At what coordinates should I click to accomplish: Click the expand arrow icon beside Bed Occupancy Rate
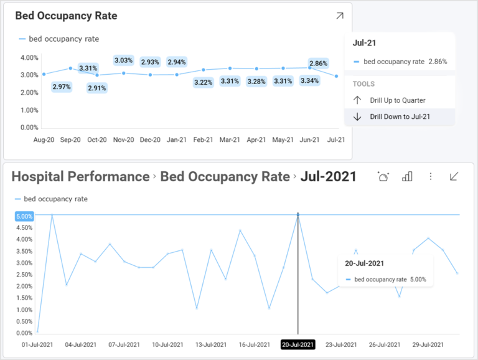[339, 16]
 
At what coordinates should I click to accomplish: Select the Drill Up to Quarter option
[397, 100]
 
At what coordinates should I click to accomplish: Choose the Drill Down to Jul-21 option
[400, 116]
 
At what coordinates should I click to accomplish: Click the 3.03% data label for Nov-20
[123, 60]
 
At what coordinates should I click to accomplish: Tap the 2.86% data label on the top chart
[318, 64]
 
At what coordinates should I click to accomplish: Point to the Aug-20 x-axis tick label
[44, 140]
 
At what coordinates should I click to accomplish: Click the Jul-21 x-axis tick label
[336, 140]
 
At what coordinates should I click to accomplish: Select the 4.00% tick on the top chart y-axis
[30, 57]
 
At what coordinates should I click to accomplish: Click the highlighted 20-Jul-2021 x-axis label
[298, 344]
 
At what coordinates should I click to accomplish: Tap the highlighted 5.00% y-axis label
[25, 216]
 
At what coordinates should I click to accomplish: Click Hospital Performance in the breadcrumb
[80, 177]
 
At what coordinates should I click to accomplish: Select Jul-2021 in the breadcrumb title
[328, 177]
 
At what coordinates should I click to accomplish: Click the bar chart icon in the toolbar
[407, 177]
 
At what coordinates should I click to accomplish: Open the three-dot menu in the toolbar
[430, 177]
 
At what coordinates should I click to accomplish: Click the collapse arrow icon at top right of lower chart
[454, 177]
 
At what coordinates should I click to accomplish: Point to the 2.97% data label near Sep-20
[62, 87]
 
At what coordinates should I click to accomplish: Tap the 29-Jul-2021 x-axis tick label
[428, 344]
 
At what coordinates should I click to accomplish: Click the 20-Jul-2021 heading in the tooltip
[364, 263]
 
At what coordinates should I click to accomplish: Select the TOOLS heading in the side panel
[363, 84]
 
